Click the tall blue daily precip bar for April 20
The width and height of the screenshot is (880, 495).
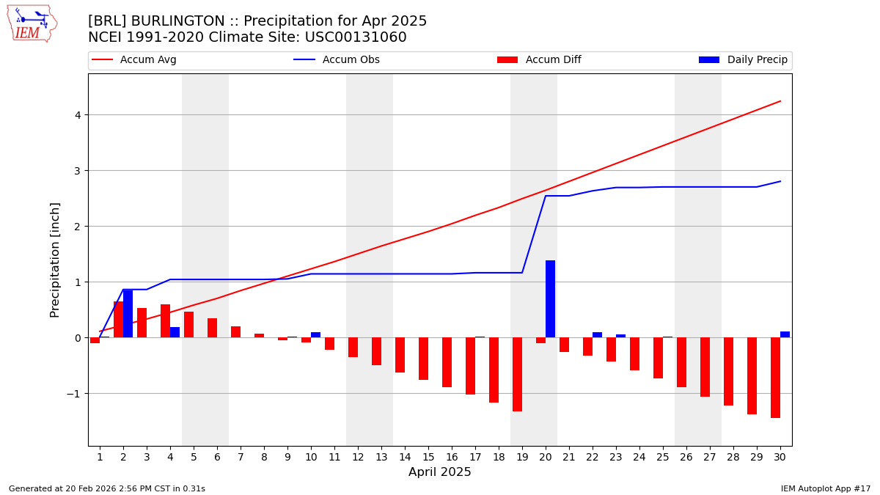point(550,299)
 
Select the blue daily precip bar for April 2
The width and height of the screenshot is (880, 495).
point(128,314)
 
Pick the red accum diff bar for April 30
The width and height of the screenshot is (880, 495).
point(775,378)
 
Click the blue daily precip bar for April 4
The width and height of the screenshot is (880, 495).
point(175,332)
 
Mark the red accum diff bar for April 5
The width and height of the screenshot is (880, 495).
point(188,325)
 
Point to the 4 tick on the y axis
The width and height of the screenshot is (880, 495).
point(77,115)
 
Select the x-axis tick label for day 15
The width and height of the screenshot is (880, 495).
point(428,457)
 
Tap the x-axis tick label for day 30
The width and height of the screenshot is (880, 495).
point(780,457)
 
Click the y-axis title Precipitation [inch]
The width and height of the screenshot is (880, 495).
point(55,260)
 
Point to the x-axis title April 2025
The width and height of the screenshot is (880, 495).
point(440,472)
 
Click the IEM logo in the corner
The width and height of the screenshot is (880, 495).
point(32,23)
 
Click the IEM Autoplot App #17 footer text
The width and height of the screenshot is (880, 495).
point(826,488)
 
